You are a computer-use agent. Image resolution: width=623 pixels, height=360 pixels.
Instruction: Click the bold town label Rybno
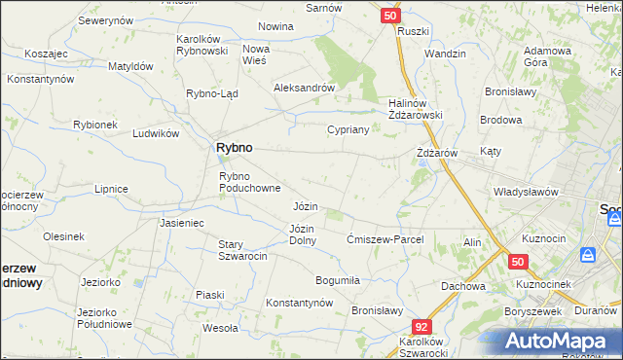[233, 147]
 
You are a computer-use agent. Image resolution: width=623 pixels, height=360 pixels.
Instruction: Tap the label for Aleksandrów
[305, 87]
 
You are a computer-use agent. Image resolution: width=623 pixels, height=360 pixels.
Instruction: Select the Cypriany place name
[348, 129]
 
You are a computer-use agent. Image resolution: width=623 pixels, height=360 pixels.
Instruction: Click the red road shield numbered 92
[421, 328]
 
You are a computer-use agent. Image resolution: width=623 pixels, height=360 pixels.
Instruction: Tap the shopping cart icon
[588, 255]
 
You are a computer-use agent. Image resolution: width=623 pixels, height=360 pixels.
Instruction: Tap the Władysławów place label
[526, 192]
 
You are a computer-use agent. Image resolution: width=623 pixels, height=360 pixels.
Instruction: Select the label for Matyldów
[131, 66]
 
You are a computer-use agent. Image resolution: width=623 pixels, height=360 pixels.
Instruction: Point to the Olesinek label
[63, 236]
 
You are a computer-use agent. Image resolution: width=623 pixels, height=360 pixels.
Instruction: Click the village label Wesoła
[221, 328]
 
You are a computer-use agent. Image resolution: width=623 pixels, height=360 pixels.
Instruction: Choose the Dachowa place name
[462, 286]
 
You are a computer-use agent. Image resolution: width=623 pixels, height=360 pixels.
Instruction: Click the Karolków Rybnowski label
[202, 45]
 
